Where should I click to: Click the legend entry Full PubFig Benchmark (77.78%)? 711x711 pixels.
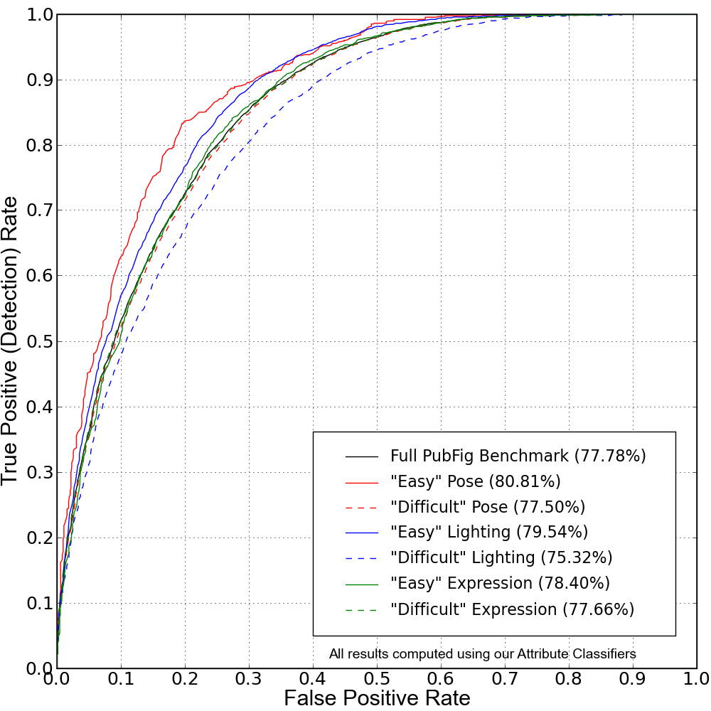coord(518,456)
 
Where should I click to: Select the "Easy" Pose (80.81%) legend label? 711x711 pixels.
coord(475,481)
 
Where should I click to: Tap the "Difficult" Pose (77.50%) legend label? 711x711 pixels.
coord(487,507)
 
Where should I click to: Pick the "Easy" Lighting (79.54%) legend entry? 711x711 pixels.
coord(489,532)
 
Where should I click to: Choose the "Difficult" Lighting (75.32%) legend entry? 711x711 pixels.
coord(501,557)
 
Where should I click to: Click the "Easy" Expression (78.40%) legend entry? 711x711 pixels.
coord(500,583)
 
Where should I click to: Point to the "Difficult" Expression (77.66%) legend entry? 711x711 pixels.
coord(512,609)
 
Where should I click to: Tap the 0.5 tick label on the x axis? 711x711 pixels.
coord(377,678)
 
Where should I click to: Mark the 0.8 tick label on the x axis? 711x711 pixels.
coord(569,678)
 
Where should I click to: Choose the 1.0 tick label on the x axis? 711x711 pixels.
coord(695,678)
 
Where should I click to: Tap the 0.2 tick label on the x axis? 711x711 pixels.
coord(185,678)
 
